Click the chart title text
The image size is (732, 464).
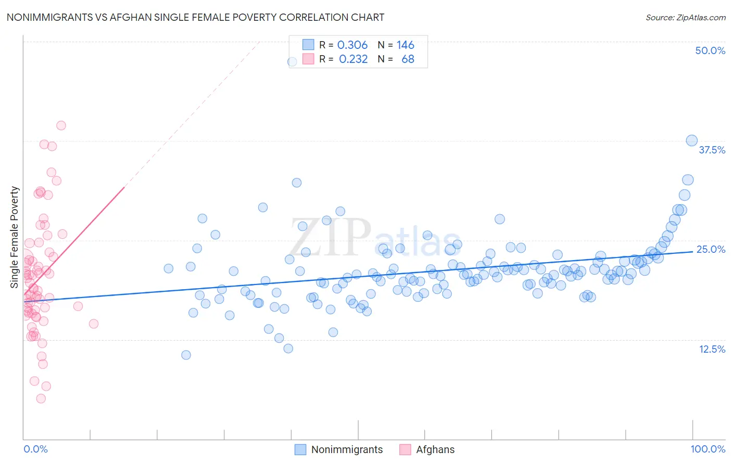195,17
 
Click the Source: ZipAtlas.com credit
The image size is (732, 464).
685,17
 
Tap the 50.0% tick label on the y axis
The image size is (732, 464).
710,50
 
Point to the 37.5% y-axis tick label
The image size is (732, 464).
712,150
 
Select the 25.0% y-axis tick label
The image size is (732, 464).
711,249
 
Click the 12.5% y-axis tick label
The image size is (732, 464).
712,349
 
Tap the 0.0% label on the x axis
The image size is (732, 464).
35,449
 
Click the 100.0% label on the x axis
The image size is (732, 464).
708,449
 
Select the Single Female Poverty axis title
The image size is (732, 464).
15,237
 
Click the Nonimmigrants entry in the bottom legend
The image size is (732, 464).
347,449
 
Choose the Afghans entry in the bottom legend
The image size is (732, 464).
435,449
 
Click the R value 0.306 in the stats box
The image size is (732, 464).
352,45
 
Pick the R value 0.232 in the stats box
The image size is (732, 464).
353,59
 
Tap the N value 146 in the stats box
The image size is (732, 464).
405,45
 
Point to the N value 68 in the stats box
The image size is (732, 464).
408,59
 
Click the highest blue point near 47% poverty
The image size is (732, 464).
293,61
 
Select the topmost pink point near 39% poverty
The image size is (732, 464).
61,125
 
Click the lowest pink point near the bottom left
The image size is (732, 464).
41,398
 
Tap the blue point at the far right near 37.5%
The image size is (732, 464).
691,140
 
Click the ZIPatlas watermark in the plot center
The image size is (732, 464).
375,238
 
